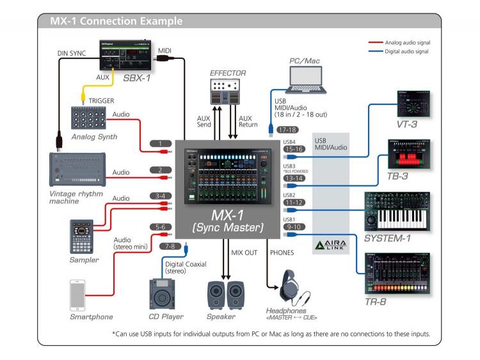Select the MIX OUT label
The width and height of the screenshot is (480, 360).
244,253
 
